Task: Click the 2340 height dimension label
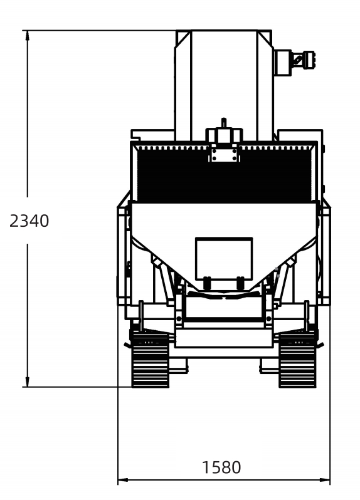29,221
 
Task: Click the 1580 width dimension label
221,467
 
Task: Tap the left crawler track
151,360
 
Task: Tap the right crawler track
298,360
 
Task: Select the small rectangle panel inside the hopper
224,258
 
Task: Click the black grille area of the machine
224,175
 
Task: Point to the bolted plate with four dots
225,154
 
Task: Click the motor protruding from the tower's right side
294,62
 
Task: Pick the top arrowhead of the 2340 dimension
28,35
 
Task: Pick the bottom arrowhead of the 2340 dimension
28,382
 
